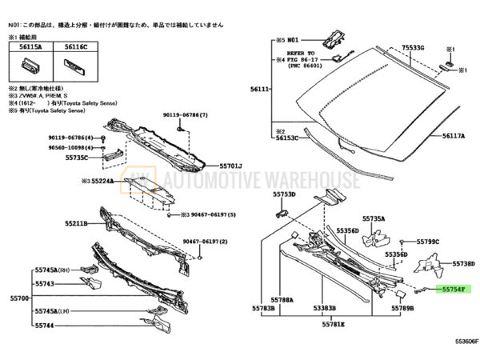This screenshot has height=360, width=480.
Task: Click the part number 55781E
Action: (x=334, y=325)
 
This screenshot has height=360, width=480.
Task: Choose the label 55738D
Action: (x=463, y=263)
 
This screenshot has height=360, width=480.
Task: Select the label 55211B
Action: (x=79, y=224)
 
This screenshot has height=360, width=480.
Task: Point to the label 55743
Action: (x=45, y=283)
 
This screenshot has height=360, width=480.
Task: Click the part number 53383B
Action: (x=325, y=307)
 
